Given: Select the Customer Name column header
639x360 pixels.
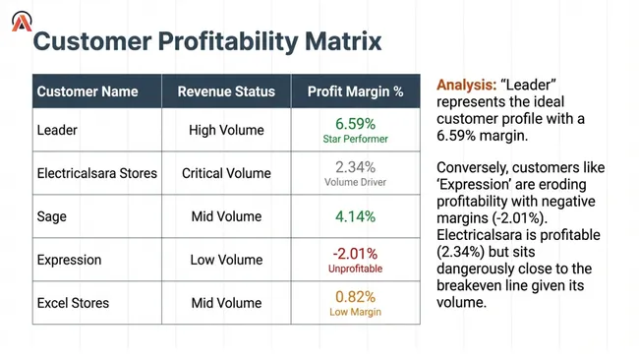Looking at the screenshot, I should [x=87, y=91].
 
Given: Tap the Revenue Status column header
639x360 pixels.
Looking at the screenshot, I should [x=226, y=91].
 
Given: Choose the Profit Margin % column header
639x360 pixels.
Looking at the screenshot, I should [x=355, y=91].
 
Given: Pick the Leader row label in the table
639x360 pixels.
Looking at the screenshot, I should [x=57, y=130].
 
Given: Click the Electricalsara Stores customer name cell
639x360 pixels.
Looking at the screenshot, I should [x=97, y=173].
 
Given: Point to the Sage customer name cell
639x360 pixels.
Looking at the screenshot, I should [x=53, y=216].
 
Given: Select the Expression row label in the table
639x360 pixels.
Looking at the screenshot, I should [x=70, y=260].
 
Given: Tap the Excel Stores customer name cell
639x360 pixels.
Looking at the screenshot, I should [x=73, y=302].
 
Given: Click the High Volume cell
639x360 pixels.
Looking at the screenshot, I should [x=226, y=130].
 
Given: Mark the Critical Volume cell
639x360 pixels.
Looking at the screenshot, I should [x=226, y=173].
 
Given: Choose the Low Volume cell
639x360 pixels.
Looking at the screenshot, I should [x=226, y=260].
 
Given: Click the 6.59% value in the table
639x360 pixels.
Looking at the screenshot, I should [x=355, y=124].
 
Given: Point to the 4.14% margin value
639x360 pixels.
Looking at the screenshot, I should [x=355, y=216].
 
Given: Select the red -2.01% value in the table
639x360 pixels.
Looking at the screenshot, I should [x=355, y=253].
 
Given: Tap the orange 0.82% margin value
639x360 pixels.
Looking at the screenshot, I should [x=355, y=296].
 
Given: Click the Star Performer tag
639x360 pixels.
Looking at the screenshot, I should [x=355, y=140].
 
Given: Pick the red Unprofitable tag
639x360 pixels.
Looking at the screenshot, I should [x=355, y=269].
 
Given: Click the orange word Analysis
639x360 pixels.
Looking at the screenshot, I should [x=466, y=85].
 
